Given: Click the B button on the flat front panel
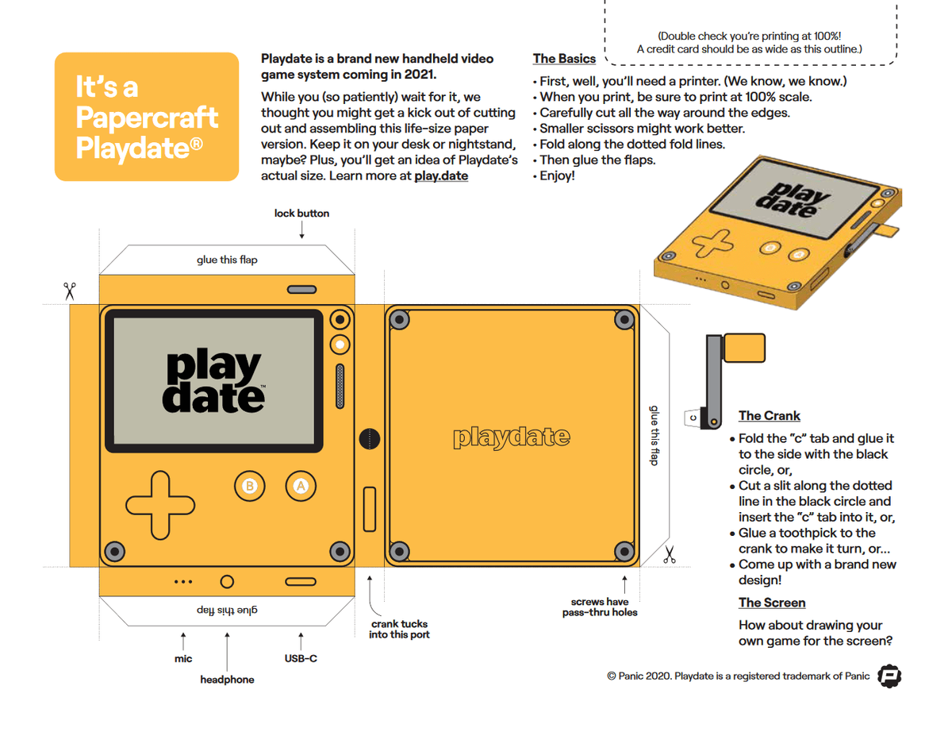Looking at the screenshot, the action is [249, 486].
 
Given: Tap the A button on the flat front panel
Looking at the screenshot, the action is [301, 486].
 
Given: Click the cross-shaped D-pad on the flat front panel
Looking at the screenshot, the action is [160, 505].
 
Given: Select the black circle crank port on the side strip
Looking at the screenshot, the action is [370, 439].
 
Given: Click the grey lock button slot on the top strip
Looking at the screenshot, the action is [301, 289].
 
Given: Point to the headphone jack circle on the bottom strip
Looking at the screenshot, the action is [227, 582].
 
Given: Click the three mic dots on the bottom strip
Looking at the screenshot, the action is [183, 582].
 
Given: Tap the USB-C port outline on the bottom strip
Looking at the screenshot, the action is [301, 582].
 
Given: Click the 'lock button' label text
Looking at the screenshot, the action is [301, 214].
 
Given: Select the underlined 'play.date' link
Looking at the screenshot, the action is [441, 176].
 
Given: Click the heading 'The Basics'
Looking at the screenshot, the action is [564, 59].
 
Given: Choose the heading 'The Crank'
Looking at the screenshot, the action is [770, 415].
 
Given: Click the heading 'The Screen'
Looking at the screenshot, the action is [772, 603].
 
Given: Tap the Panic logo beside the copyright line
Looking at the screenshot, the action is [889, 676].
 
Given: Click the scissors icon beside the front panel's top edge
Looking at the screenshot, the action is [69, 291].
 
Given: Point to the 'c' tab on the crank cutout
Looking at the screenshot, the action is [693, 418].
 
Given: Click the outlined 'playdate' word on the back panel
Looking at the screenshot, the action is [512, 437].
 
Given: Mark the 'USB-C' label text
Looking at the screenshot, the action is [301, 658].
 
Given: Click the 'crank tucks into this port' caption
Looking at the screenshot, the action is [399, 629].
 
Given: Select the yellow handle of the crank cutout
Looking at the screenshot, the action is [745, 348].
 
